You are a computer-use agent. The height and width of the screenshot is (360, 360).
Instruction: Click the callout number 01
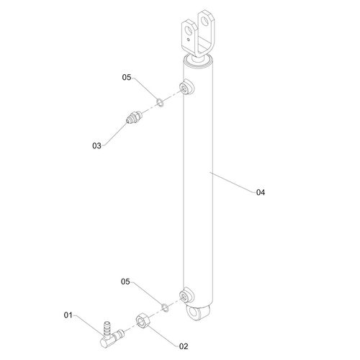click(69, 314)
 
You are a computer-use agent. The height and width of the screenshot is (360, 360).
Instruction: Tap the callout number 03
click(96, 146)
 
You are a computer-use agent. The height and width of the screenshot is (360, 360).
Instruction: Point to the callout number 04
click(261, 192)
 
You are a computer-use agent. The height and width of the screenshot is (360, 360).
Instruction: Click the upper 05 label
click(126, 77)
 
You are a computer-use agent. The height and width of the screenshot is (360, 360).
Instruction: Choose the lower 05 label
click(126, 282)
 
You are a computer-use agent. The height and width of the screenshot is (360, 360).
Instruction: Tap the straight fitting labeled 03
click(133, 117)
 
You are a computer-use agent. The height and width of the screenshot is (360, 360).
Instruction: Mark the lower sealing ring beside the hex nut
click(165, 307)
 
